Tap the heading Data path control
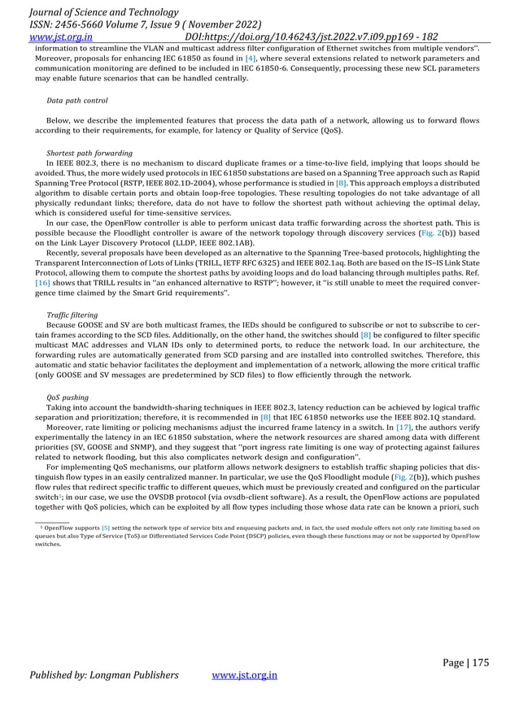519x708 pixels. pos(77,101)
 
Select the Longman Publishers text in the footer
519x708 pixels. pos(141,675)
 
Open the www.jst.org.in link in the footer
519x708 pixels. pos(244,675)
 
